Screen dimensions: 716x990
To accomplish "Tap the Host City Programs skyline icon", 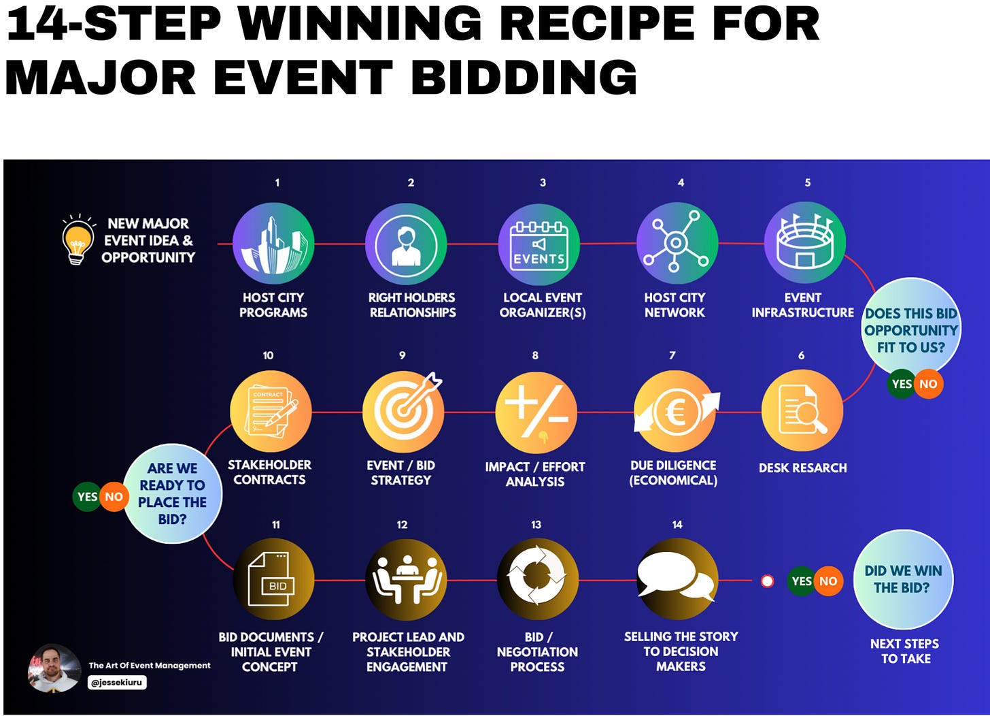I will (x=273, y=244).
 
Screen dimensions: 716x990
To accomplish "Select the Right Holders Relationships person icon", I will (x=406, y=244).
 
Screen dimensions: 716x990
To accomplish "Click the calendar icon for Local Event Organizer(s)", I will (x=539, y=244).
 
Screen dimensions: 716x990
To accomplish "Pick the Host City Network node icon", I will (x=677, y=243).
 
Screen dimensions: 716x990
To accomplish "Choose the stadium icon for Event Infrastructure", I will (x=805, y=242).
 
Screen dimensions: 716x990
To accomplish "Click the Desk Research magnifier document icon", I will (x=802, y=410).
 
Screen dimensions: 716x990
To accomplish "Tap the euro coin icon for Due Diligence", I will (x=675, y=412).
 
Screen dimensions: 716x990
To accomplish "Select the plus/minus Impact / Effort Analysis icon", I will (x=536, y=412).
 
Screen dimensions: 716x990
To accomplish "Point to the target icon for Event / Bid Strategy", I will (x=403, y=412).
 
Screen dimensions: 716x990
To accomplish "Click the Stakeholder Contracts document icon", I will (x=271, y=411).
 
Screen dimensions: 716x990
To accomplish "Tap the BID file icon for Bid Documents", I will (x=273, y=579).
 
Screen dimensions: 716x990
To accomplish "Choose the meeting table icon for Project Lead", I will (x=406, y=580).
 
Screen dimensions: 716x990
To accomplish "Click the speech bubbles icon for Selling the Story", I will (x=677, y=579).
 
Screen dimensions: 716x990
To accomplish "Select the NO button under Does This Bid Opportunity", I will (x=928, y=384).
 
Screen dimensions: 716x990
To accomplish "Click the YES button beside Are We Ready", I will (x=87, y=497).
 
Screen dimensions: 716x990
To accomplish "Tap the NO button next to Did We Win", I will (x=828, y=581).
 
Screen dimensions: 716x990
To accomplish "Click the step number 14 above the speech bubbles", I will (x=677, y=525).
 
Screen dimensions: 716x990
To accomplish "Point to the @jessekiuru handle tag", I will (x=117, y=682).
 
